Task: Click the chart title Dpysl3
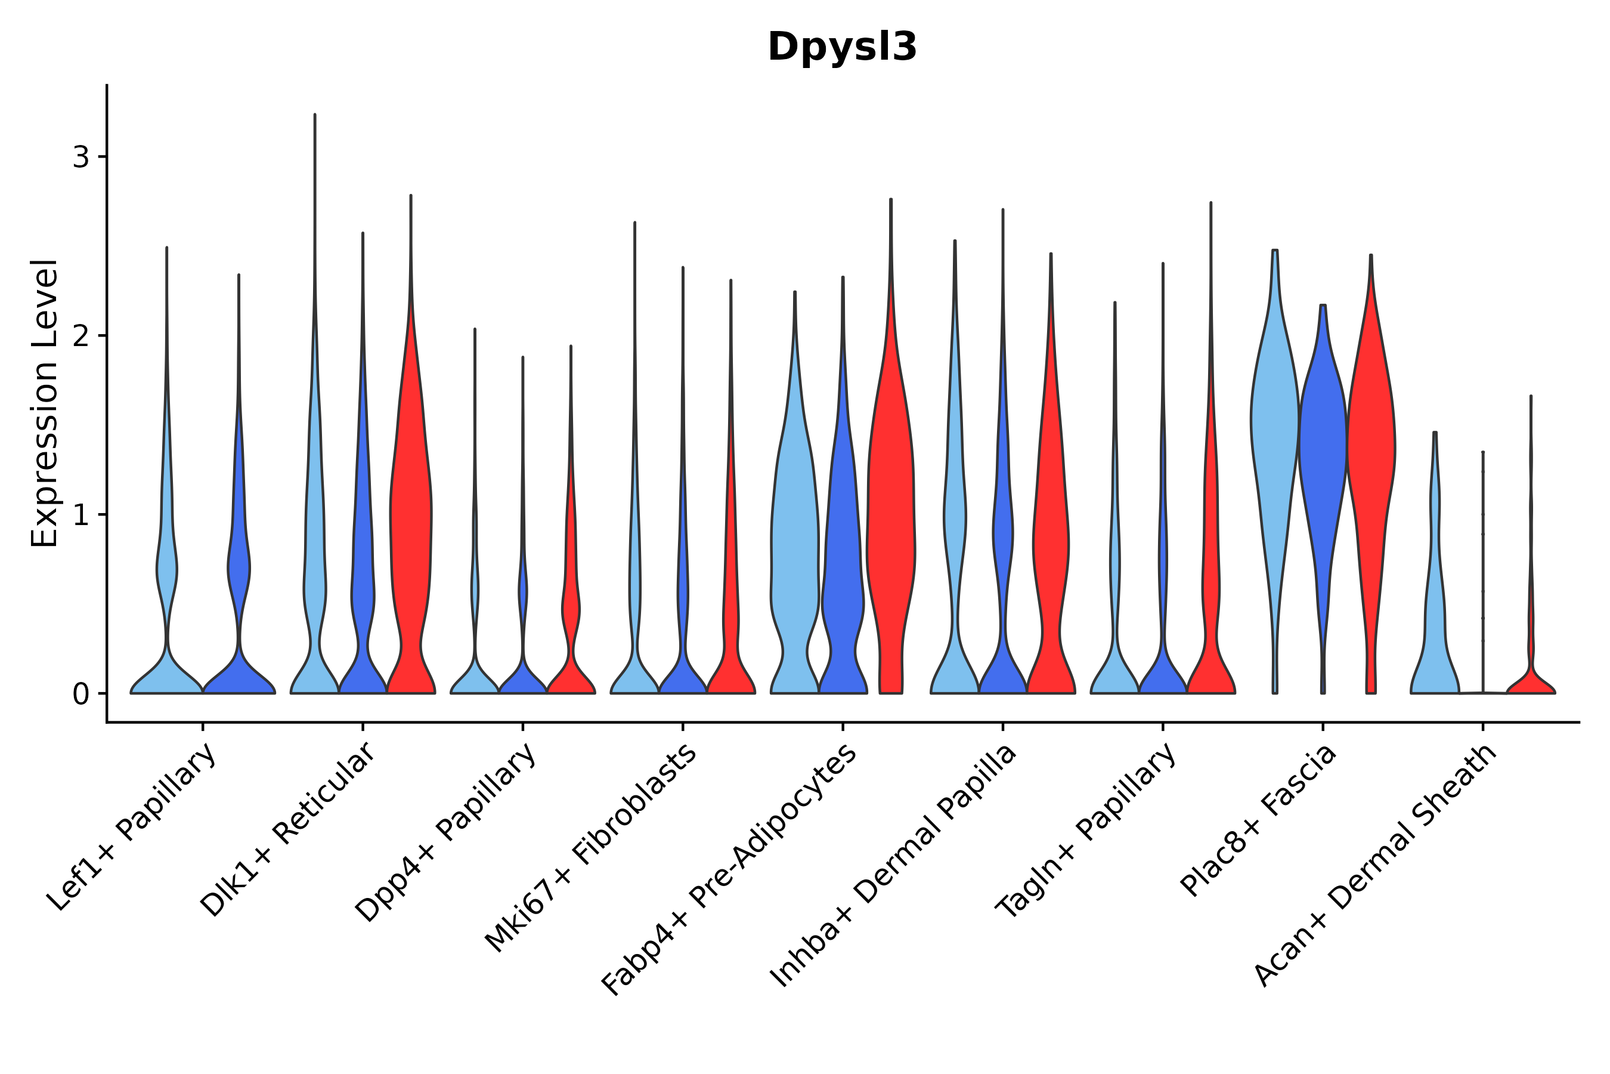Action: point(841,47)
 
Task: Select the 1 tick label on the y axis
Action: point(80,515)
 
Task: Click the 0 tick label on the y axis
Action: point(80,695)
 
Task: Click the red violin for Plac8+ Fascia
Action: point(1370,445)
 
